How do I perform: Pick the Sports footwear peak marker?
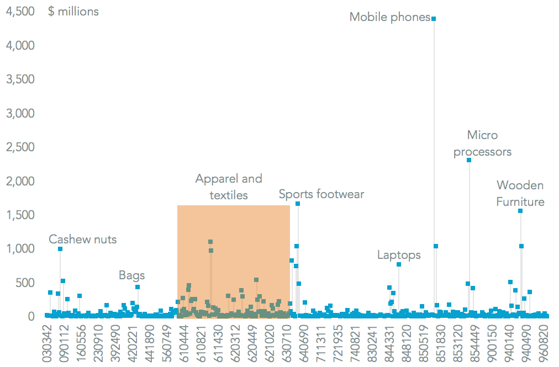click(x=298, y=204)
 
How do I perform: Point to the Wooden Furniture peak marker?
click(x=520, y=211)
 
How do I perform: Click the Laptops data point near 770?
click(x=399, y=264)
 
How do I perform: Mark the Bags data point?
click(x=138, y=287)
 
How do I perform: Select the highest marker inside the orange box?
click(x=210, y=242)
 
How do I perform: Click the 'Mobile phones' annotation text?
click(x=390, y=17)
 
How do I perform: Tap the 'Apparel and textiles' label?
click(x=229, y=187)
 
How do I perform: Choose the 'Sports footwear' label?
click(x=321, y=194)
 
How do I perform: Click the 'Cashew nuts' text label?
click(x=83, y=240)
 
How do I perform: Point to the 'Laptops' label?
click(x=399, y=255)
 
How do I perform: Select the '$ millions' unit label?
click(x=73, y=11)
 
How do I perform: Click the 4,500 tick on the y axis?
click(x=20, y=11)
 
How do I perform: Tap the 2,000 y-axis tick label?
click(x=20, y=181)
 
